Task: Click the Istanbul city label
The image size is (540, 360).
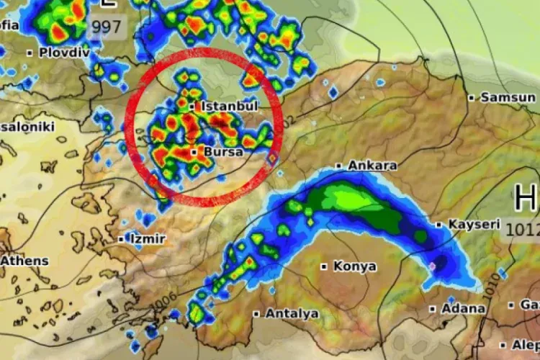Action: (230, 107)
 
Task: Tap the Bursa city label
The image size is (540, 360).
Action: (224, 153)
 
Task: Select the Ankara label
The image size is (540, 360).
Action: (372, 166)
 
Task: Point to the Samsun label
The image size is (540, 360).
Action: (508, 97)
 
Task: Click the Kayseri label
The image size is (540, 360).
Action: (474, 225)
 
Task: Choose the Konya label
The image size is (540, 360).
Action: (354, 266)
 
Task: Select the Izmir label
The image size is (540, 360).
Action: (147, 238)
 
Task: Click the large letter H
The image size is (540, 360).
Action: (526, 197)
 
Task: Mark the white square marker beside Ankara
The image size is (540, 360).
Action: (338, 166)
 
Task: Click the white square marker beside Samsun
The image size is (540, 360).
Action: (472, 97)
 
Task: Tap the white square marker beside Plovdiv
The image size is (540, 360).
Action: (30, 53)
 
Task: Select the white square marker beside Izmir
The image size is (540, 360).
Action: (120, 238)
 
